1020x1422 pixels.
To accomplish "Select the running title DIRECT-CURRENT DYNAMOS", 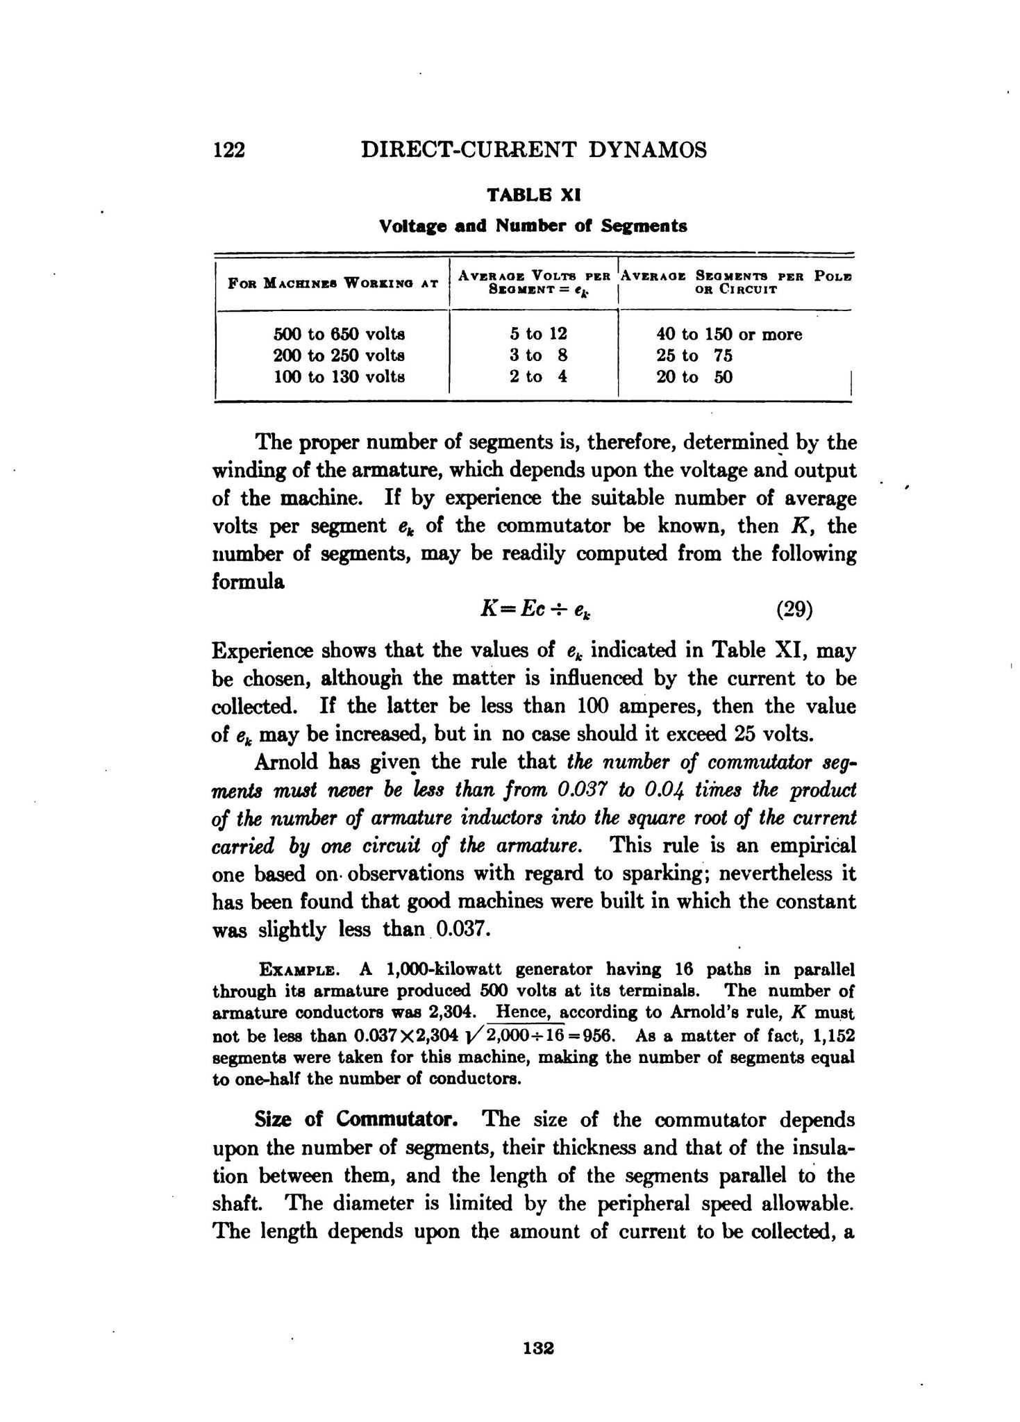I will [534, 150].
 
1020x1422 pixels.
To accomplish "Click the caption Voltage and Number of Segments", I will [533, 226].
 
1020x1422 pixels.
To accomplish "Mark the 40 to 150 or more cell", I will [729, 335].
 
